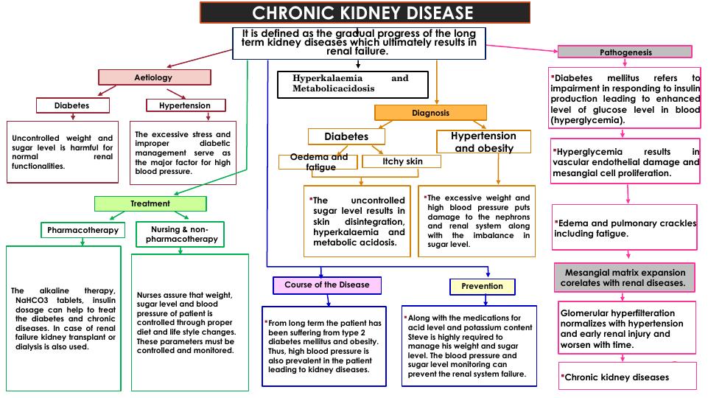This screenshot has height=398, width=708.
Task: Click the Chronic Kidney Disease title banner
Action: [365, 13]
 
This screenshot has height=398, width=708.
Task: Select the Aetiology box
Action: [155, 77]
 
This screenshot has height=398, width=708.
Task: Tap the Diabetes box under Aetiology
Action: [71, 105]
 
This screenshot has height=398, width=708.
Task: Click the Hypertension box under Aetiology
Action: [184, 105]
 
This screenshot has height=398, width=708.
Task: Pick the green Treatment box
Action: [150, 203]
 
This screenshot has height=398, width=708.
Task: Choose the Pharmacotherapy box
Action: [83, 230]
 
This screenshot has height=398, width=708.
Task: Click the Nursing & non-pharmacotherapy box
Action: [180, 234]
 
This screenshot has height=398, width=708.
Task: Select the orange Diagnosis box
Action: [430, 113]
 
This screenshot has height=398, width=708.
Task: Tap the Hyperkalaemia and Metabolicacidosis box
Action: [352, 83]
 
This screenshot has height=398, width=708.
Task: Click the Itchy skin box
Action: [402, 161]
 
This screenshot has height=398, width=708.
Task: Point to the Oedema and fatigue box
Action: [318, 162]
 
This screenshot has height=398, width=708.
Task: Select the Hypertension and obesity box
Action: [484, 142]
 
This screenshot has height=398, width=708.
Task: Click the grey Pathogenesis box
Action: [625, 52]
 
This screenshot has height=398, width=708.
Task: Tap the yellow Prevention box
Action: [483, 286]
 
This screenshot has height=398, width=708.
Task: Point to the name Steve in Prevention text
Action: [417, 337]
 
